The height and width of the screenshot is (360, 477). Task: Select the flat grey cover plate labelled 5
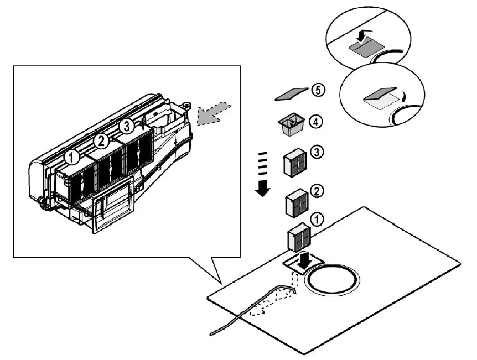[x=292, y=94]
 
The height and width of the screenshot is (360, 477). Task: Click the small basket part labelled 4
[x=291, y=125]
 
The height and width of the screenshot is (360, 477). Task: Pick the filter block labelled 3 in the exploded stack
[x=294, y=164]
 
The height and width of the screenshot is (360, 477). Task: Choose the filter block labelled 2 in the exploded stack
[x=296, y=203]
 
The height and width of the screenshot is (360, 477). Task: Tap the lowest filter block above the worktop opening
[x=299, y=237]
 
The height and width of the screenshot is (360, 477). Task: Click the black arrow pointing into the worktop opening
[x=303, y=262]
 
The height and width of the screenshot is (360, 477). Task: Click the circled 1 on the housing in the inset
[x=71, y=158]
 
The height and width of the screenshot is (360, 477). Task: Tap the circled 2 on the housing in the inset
[x=100, y=141]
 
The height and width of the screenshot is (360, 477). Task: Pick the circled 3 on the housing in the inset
[x=127, y=126]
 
